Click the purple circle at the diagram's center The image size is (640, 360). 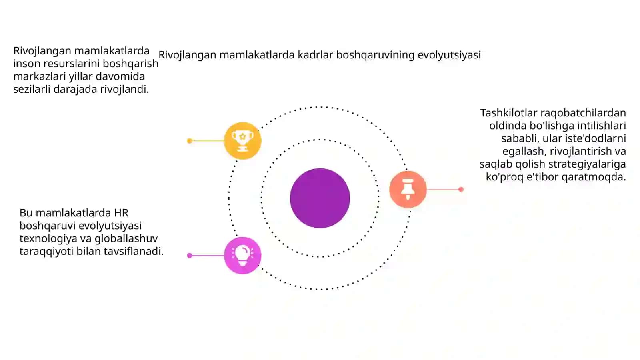pyautogui.click(x=320, y=198)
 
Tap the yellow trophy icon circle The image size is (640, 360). pyautogui.click(x=242, y=140)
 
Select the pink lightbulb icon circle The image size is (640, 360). pyautogui.click(x=242, y=256)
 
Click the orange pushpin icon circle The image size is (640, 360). pyautogui.click(x=408, y=189)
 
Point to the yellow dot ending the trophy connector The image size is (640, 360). pyautogui.click(x=190, y=140)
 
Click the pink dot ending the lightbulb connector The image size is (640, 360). pyautogui.click(x=190, y=256)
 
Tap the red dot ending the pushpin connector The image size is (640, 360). pyautogui.click(x=461, y=189)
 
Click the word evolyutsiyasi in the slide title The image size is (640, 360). pyautogui.click(x=449, y=55)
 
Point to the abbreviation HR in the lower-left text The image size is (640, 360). pyautogui.click(x=121, y=213)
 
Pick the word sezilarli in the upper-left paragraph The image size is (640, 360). pyautogui.click(x=32, y=89)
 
